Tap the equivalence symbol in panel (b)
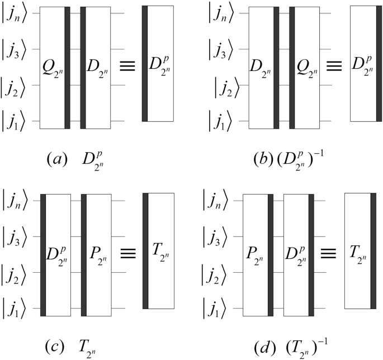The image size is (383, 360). [334, 68]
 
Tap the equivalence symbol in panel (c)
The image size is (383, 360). [127, 254]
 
